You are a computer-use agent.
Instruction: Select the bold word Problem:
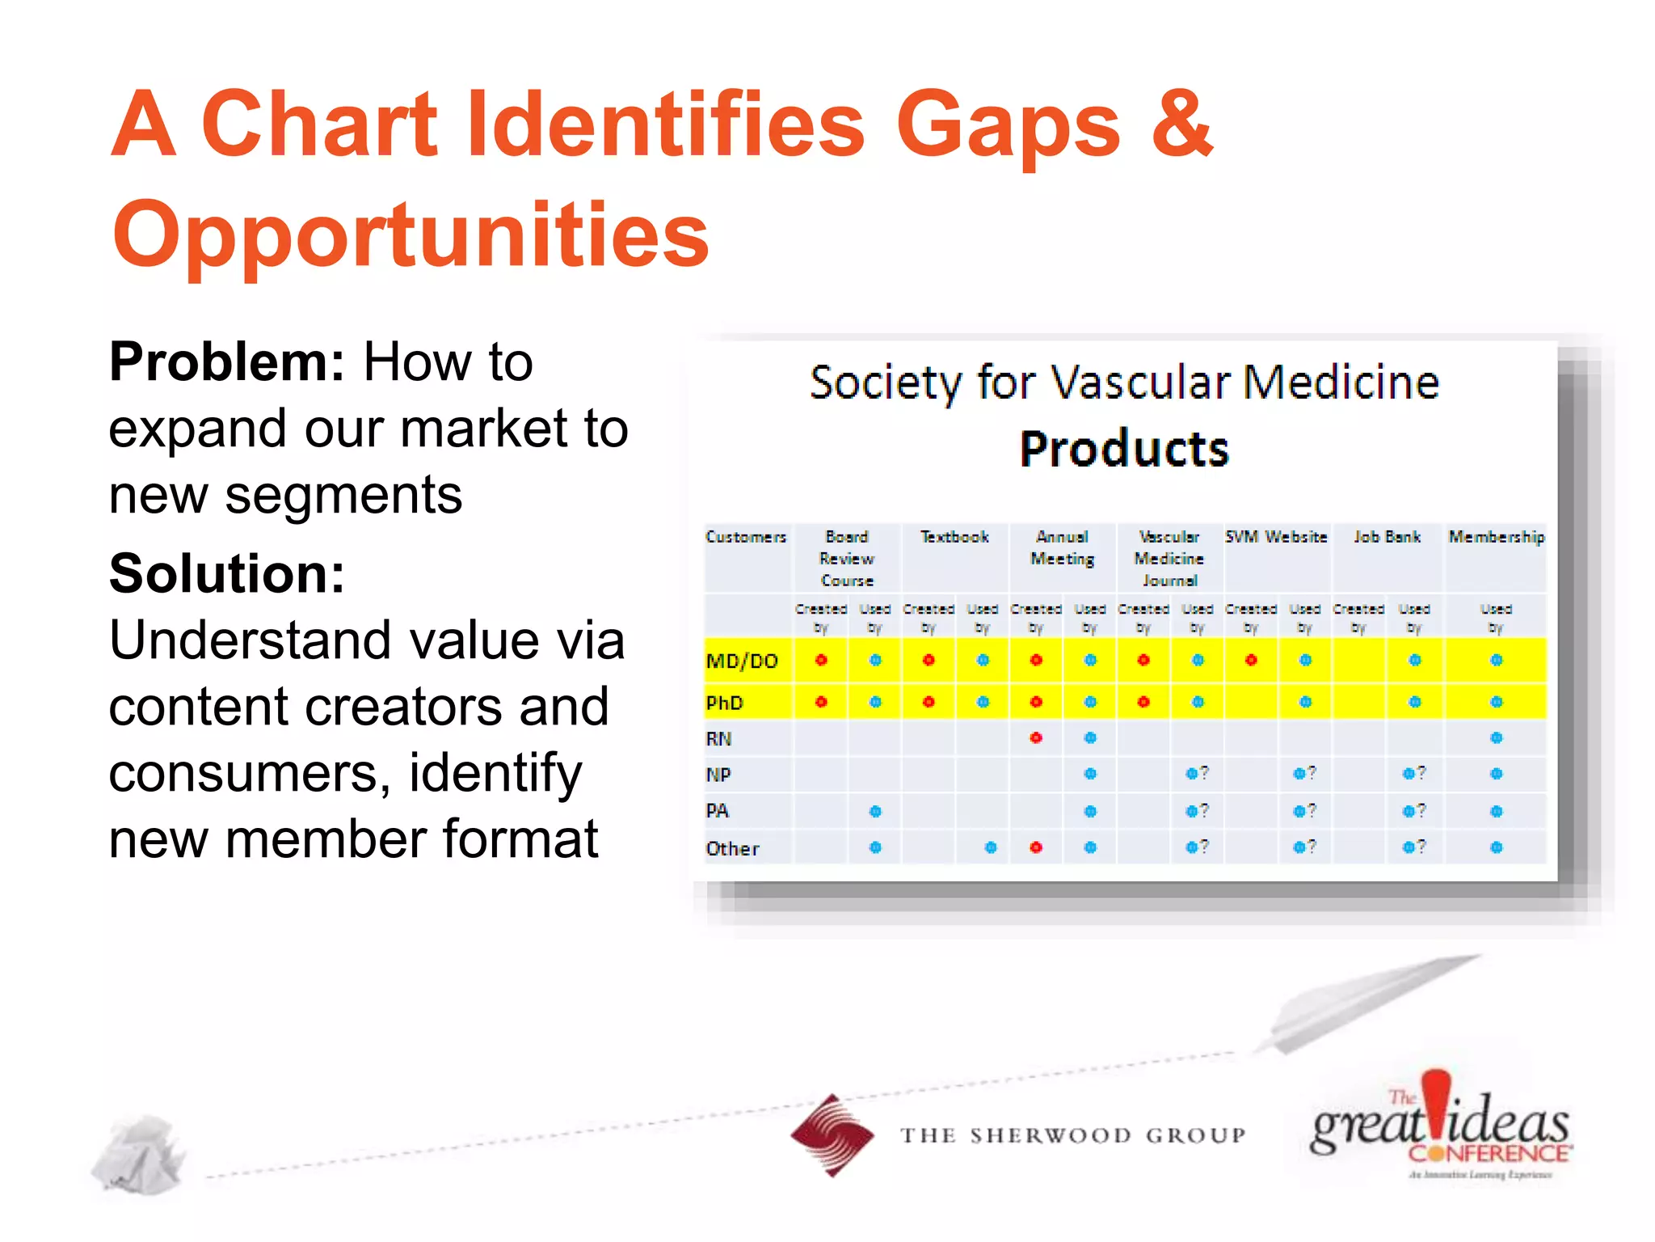point(227,361)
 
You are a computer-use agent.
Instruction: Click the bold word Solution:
point(227,573)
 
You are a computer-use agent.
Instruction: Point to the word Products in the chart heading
point(1124,450)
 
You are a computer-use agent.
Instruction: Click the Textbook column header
point(954,537)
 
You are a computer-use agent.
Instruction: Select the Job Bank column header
point(1387,537)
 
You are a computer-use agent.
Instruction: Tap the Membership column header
point(1496,537)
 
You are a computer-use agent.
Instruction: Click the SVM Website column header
point(1276,537)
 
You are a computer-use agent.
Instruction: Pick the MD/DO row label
point(742,661)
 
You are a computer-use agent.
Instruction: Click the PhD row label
point(724,703)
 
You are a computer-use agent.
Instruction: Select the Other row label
point(732,848)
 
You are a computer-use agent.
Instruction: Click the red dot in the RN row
point(1036,737)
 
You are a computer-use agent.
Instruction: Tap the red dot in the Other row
point(1036,847)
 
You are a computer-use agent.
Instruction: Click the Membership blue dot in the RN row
point(1496,737)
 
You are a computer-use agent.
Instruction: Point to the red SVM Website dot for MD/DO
point(1251,661)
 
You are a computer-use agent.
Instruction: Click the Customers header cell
point(745,537)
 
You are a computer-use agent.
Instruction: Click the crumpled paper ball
point(139,1155)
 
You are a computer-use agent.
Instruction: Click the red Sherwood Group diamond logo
point(832,1135)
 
